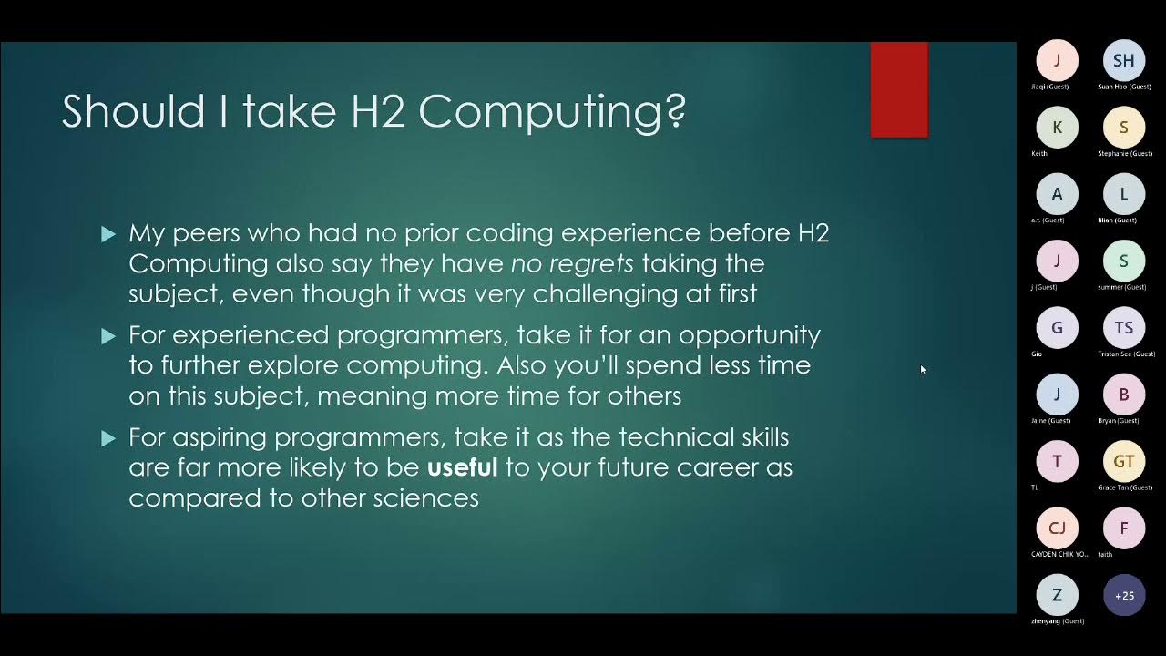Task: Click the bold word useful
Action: (x=463, y=467)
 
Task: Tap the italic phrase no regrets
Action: (x=572, y=264)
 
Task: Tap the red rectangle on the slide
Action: (x=899, y=90)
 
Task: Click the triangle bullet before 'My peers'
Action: (x=108, y=235)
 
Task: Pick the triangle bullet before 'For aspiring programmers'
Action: (x=108, y=439)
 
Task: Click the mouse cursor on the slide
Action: (x=922, y=368)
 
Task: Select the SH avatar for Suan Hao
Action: (x=1124, y=60)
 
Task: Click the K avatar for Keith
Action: (x=1057, y=128)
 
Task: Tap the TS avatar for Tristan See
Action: (x=1124, y=328)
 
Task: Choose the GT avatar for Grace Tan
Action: (x=1124, y=462)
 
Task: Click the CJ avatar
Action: (x=1057, y=528)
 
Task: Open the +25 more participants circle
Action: (x=1124, y=596)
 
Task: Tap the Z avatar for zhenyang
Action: (x=1057, y=596)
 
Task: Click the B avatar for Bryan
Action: (x=1124, y=395)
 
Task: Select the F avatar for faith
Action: (x=1124, y=528)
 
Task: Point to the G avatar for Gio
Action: (x=1057, y=328)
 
